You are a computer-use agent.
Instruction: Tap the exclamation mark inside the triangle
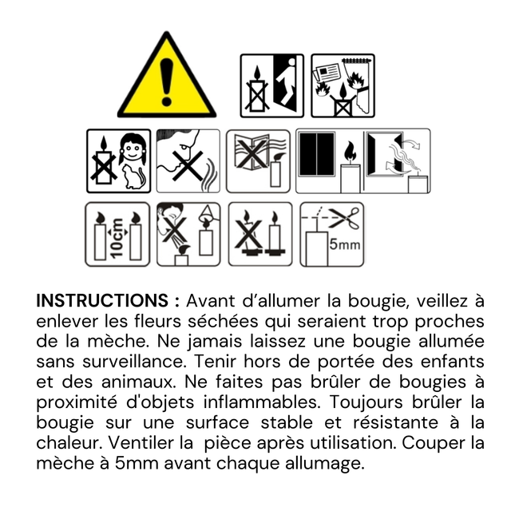(167, 81)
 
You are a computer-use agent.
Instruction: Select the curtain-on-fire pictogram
(343, 85)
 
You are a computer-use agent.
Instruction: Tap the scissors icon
(344, 217)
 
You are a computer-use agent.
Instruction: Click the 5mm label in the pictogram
(344, 244)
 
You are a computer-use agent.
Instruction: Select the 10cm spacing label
(117, 238)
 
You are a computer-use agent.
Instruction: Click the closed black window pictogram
(317, 154)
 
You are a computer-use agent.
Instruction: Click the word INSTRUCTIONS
(102, 300)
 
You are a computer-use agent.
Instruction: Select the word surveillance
(133, 362)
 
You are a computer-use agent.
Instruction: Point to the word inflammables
(262, 402)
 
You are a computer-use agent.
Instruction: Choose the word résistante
(396, 422)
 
